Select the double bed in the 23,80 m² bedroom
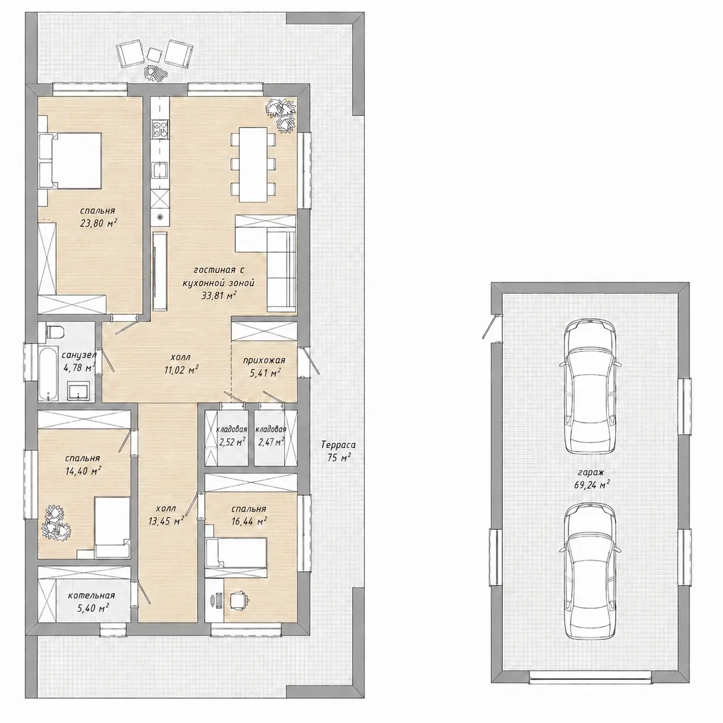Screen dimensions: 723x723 coord(70,160)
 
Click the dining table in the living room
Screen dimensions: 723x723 coord(253,165)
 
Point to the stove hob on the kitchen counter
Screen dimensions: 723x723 coord(160,130)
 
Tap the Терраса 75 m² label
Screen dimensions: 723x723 coord(338,451)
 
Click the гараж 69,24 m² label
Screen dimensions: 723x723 coord(592,479)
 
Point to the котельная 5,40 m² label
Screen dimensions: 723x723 coord(92,601)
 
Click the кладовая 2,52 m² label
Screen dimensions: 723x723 coord(232,436)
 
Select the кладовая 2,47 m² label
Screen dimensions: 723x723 coord(270,436)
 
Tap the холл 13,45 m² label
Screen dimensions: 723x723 coord(166,514)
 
